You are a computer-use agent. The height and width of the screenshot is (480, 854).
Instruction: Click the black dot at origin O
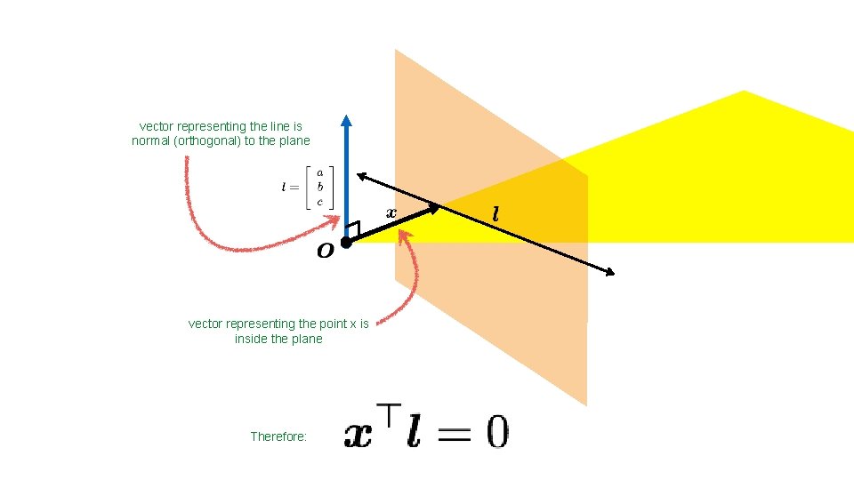tap(346, 242)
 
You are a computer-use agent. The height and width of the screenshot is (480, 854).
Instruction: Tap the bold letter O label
tap(326, 252)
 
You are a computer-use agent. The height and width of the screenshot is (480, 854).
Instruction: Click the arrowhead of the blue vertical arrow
tap(347, 122)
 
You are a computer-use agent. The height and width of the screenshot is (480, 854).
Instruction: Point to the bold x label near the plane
tap(391, 212)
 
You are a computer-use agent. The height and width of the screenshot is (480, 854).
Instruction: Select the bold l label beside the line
tap(495, 214)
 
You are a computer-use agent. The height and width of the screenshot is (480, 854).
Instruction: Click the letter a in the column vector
tap(319, 173)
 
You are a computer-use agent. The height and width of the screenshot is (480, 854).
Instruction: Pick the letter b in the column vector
tap(319, 187)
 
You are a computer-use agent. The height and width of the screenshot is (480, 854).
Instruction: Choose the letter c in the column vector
tap(319, 201)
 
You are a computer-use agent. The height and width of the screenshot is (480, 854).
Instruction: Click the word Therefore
tap(278, 436)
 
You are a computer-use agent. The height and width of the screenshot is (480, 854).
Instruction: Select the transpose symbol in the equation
tap(389, 414)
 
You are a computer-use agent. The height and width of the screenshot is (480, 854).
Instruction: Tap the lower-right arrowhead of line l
tap(610, 273)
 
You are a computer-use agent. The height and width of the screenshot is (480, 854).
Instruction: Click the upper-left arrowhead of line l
tap(362, 176)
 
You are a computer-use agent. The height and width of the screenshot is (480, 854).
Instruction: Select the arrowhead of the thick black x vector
tap(434, 209)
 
